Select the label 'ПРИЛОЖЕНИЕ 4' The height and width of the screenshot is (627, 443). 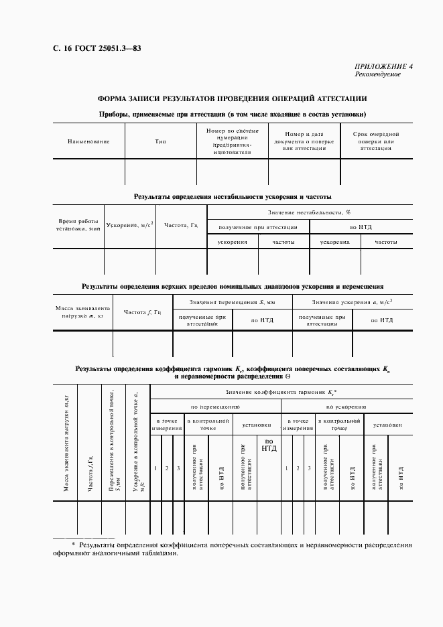[383, 66]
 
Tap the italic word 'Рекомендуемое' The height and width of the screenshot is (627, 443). [378, 74]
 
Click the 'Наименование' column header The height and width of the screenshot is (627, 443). [88, 141]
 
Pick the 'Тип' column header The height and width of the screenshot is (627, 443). [161, 141]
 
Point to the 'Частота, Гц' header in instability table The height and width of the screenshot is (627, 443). [181, 225]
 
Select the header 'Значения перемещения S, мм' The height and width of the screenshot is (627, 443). [233, 303]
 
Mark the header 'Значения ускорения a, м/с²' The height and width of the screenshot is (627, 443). [352, 303]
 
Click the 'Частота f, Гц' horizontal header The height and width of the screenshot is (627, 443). [143, 312]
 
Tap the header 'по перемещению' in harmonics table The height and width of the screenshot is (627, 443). [215, 407]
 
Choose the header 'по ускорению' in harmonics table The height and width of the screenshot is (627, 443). [346, 407]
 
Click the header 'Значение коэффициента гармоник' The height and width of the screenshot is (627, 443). [281, 391]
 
